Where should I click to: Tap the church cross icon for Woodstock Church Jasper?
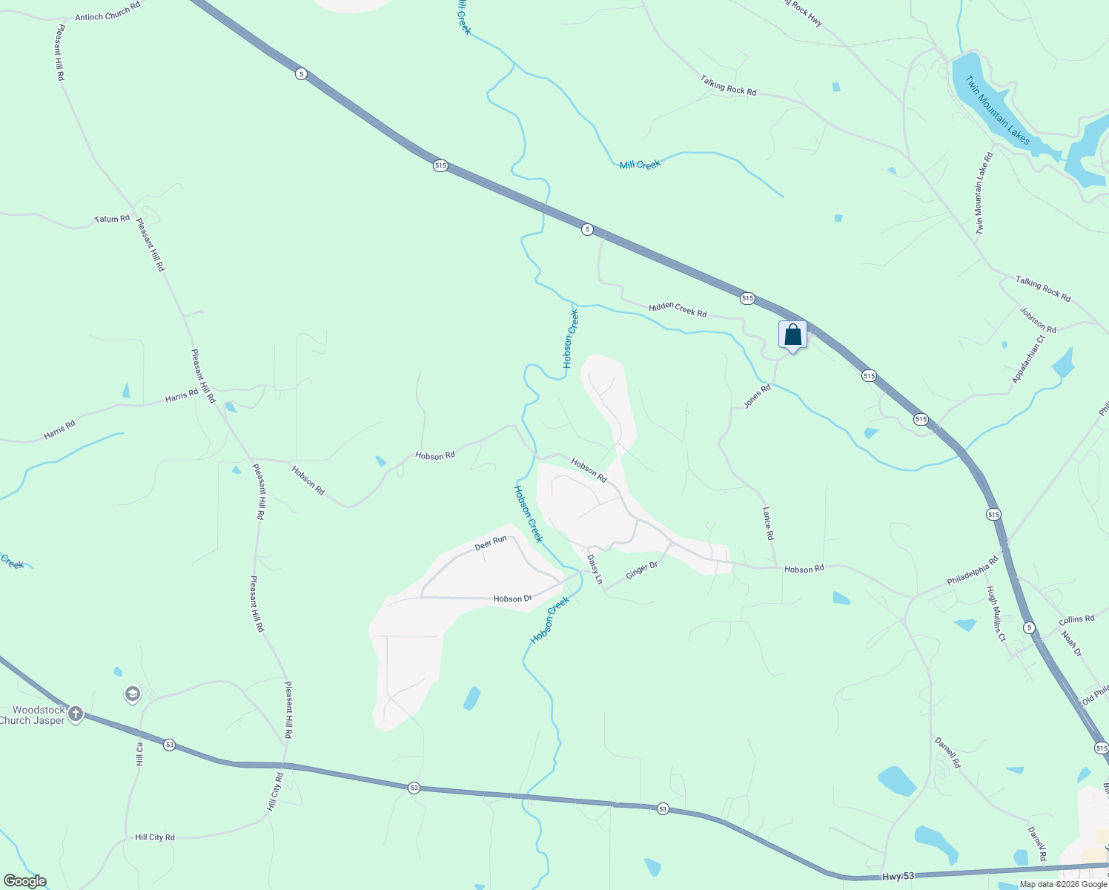75,714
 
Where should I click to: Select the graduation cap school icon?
133,694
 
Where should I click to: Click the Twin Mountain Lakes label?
997,116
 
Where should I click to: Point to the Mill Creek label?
640,165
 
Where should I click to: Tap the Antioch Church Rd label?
107,11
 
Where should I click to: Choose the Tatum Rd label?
112,219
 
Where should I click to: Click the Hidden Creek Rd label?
678,310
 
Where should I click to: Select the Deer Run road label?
491,543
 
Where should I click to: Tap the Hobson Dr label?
512,599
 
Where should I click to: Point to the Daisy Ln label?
595,569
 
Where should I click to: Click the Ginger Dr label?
641,570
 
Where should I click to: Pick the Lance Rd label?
768,524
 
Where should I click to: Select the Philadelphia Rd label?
973,571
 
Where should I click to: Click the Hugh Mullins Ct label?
995,613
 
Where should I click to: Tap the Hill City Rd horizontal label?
155,837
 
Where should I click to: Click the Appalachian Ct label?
1028,360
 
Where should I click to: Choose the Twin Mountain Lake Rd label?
984,194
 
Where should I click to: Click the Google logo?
25,881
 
